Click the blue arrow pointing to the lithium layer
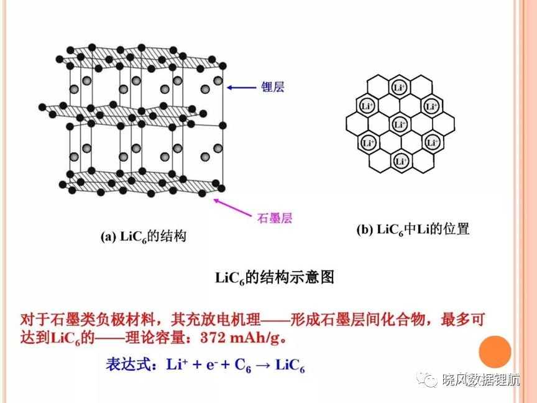point(242,88)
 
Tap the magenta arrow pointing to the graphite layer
point(232,207)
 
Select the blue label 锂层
point(273,87)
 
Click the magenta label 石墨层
point(275,218)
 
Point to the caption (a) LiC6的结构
point(144,236)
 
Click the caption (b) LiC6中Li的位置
point(413,229)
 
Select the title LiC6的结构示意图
point(274,277)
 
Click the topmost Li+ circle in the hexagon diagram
point(399,88)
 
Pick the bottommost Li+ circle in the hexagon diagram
point(401,160)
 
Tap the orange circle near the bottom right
point(495,352)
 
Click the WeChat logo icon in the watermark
point(426,379)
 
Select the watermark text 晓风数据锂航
point(481,379)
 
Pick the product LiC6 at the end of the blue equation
point(290,365)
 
